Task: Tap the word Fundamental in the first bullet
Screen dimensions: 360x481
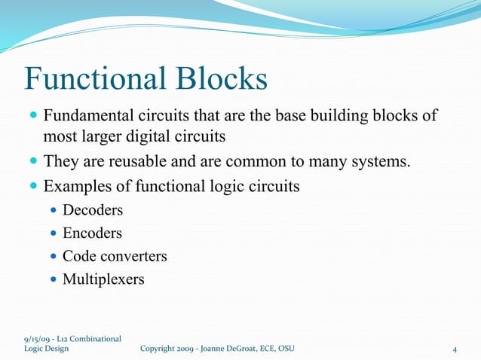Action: pos(87,117)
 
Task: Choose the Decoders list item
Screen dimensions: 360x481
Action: pos(93,210)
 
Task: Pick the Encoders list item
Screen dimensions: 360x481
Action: pos(92,233)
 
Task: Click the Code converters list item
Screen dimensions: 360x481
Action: pos(115,256)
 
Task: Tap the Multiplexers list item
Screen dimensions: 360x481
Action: pos(103,279)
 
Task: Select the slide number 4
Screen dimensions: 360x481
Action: pos(455,349)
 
